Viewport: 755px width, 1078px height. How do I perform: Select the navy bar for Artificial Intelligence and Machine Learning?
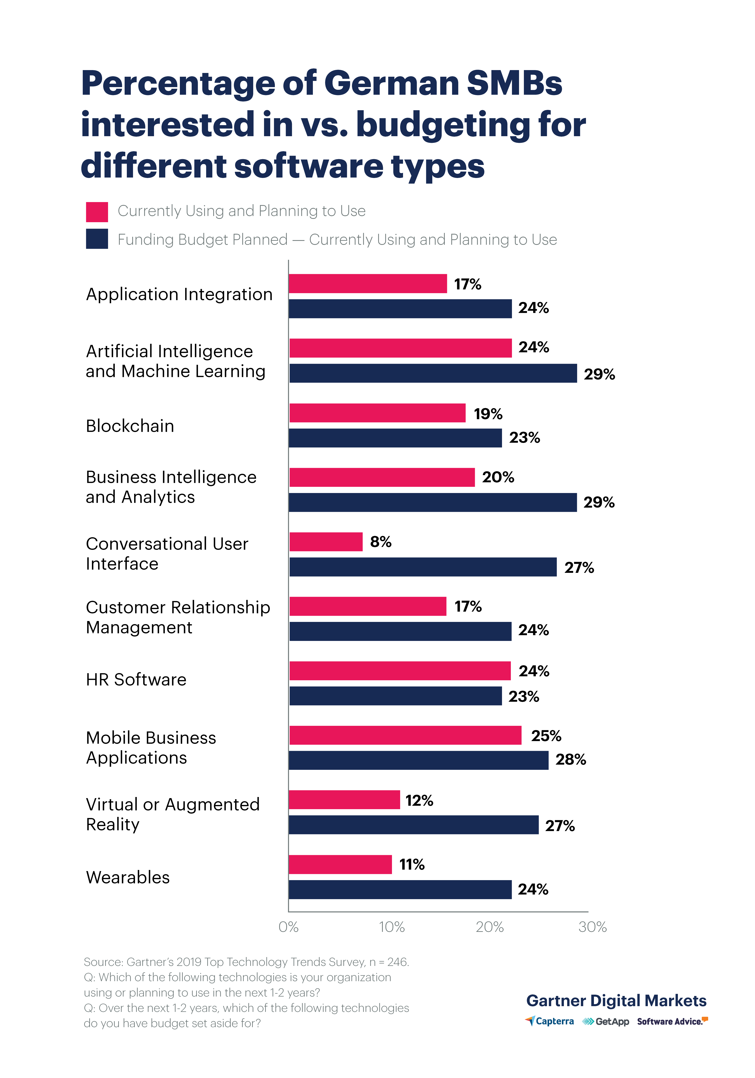coord(433,373)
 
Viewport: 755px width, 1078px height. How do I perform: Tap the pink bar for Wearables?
coord(340,864)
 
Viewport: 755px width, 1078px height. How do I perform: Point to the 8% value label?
coord(380,542)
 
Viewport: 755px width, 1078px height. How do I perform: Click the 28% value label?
coord(571,760)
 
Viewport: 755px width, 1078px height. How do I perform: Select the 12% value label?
coord(419,801)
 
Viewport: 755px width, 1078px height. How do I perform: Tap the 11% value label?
coord(411,864)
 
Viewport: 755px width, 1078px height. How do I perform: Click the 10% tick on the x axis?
coord(391,927)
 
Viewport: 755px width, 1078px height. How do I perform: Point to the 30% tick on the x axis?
coord(592,927)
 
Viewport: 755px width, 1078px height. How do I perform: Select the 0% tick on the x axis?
coord(288,927)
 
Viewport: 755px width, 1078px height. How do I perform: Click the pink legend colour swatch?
coord(97,212)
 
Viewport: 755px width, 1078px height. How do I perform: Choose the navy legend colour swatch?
coord(97,239)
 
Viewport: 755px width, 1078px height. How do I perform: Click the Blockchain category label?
coord(130,426)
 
